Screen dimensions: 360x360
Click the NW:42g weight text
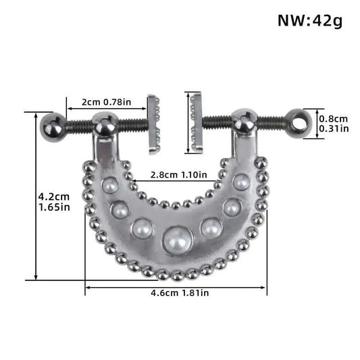[x=310, y=20]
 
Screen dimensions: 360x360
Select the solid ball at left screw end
[x=53, y=125]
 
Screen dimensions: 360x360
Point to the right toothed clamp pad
[x=197, y=123]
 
